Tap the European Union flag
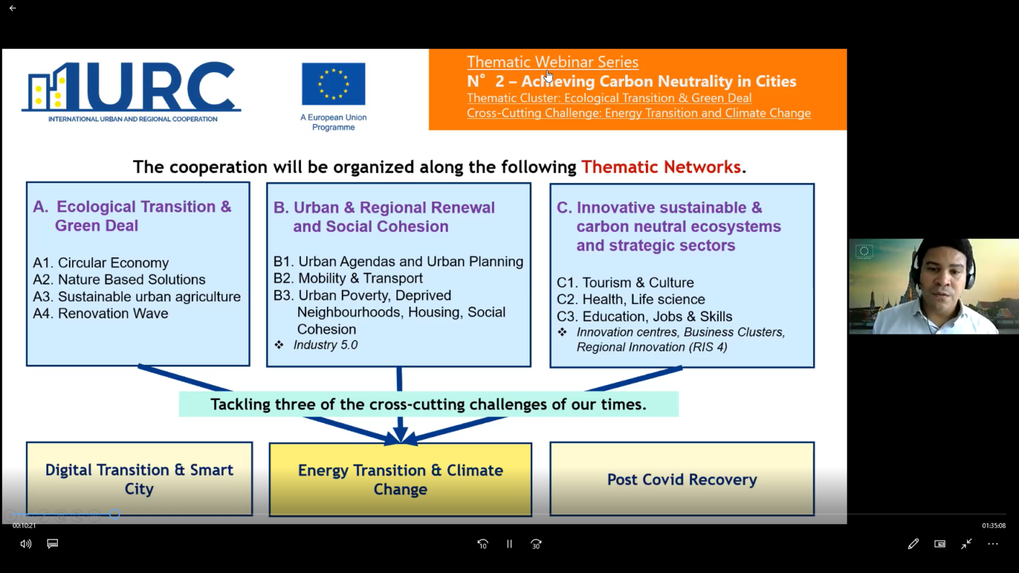333,84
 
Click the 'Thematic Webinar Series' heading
552,62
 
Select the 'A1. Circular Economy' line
101,263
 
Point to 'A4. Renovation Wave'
101,314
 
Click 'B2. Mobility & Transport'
348,279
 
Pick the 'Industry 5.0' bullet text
325,345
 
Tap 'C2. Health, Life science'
630,299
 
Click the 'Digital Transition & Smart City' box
139,479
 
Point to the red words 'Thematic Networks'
661,168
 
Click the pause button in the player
509,544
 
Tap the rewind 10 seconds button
483,544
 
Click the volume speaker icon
25,544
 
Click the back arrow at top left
12,8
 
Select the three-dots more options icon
993,544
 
